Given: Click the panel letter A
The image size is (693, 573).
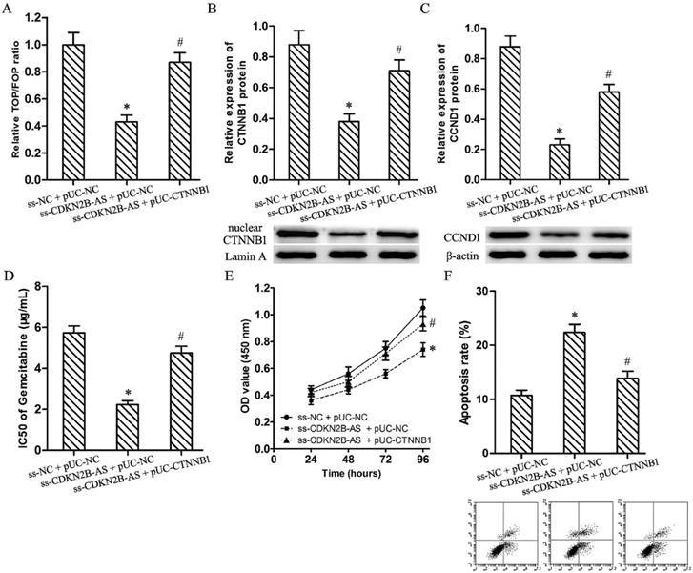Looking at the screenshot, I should [9, 11].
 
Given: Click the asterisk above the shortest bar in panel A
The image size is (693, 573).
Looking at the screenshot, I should [130, 102].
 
